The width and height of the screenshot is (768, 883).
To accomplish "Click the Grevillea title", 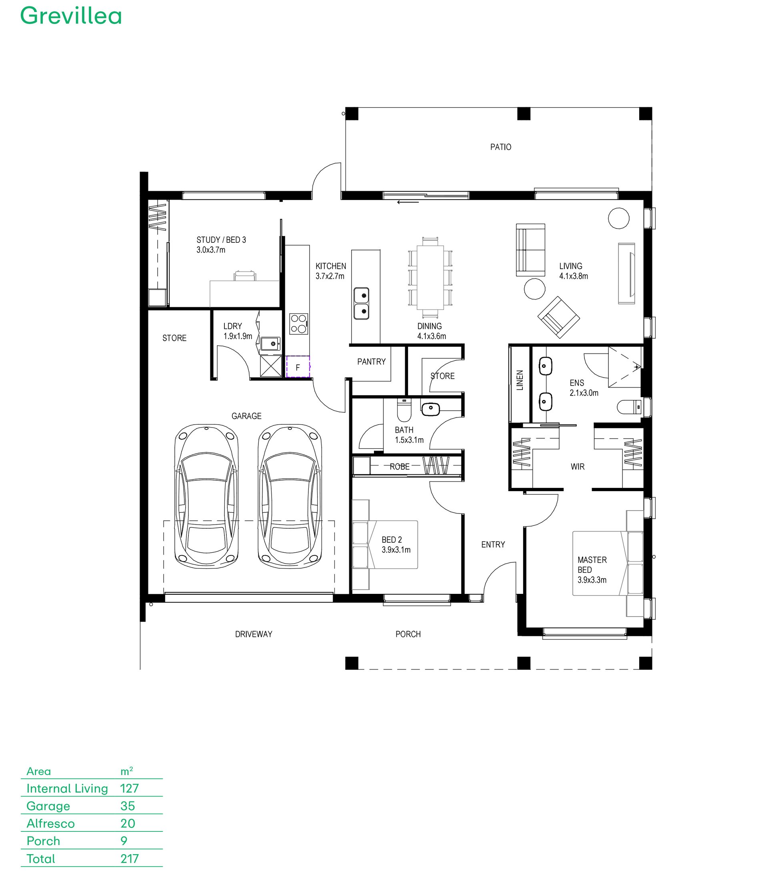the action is (71, 16).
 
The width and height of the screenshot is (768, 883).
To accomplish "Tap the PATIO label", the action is (500, 147).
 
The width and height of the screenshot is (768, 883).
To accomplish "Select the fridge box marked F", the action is (298, 367).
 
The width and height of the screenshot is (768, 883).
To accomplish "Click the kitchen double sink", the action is (361, 303).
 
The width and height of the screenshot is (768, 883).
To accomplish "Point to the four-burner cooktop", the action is (299, 324).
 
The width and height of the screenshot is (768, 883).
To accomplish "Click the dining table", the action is (430, 277).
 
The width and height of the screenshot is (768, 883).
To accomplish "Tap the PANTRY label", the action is (371, 362).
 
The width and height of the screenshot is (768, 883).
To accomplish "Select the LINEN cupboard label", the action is (520, 380).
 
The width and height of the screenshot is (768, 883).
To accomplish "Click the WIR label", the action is (577, 467).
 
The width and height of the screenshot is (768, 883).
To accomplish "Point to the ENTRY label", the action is (493, 545).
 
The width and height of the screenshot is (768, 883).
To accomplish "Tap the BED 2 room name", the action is (392, 540).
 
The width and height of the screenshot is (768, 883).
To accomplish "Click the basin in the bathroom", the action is (431, 409).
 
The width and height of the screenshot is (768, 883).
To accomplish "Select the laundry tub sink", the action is (270, 344).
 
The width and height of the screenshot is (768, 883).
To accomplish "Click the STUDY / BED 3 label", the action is (221, 240).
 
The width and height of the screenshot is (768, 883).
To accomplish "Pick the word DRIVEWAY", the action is (254, 634).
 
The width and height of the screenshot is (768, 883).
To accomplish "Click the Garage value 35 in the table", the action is (128, 806).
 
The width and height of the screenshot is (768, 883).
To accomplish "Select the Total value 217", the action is (130, 859).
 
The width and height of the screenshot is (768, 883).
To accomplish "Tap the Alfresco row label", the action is (50, 823).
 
